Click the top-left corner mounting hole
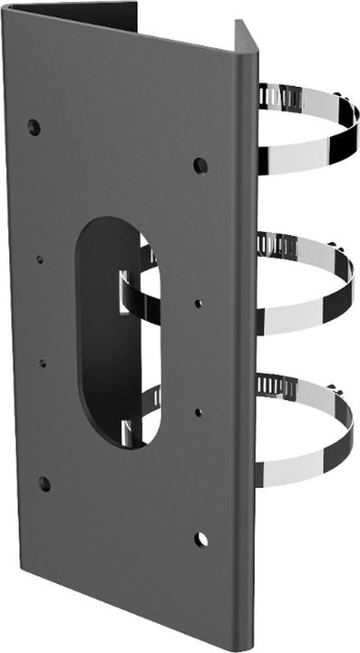pos(34,125)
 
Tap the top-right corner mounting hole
pos(199,166)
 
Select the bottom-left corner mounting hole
pos(44,483)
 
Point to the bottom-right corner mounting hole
pos(200,540)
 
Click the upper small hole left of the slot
pos(39,259)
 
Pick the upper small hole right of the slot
pos(199,304)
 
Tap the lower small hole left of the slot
pos(42,363)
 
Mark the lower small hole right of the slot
pos(199,412)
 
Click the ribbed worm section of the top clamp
pos(276,94)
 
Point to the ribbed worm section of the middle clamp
pos(277,244)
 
